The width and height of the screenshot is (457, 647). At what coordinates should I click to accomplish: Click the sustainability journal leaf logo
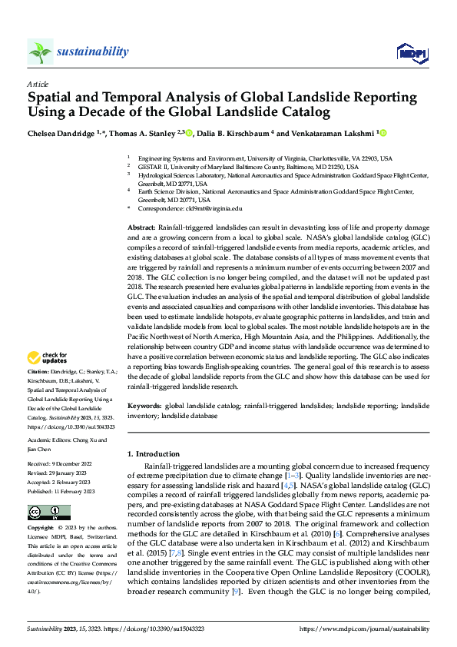40,51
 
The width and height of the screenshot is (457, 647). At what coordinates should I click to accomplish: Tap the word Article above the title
38,84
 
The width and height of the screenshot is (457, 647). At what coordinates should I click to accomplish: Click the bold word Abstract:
141,229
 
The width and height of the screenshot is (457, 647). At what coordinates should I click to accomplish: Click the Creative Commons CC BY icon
48,513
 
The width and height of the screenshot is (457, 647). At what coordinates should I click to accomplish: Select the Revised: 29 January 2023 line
60,473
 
